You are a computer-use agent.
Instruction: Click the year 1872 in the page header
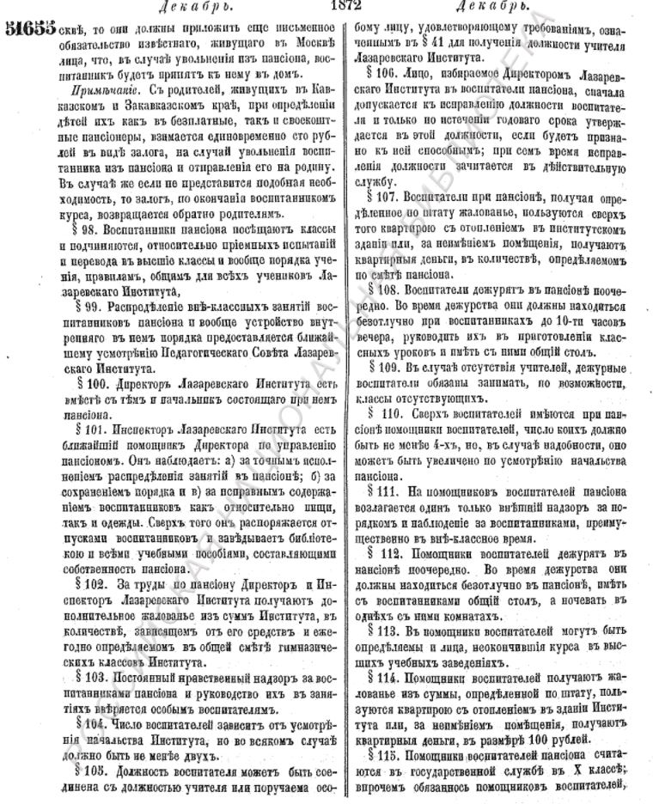tap(333, 6)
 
